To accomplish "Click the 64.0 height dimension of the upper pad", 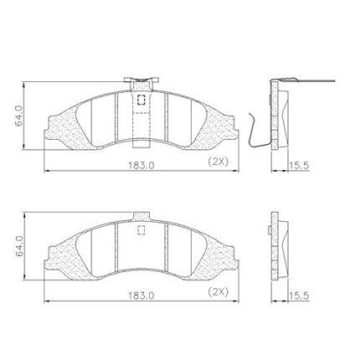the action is coord(19,116).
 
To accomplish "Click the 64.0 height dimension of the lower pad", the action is coord(19,246).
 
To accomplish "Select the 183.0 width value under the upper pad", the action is coord(141,165).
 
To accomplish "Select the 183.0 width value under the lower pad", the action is coord(141,296).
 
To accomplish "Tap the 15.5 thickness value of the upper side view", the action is coord(299,166).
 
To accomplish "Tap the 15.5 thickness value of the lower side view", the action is coord(299,296).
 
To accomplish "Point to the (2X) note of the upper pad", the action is coord(219,162).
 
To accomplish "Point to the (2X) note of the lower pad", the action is coord(219,292).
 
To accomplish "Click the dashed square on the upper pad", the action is coord(141,100).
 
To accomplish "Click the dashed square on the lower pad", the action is coord(141,229).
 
